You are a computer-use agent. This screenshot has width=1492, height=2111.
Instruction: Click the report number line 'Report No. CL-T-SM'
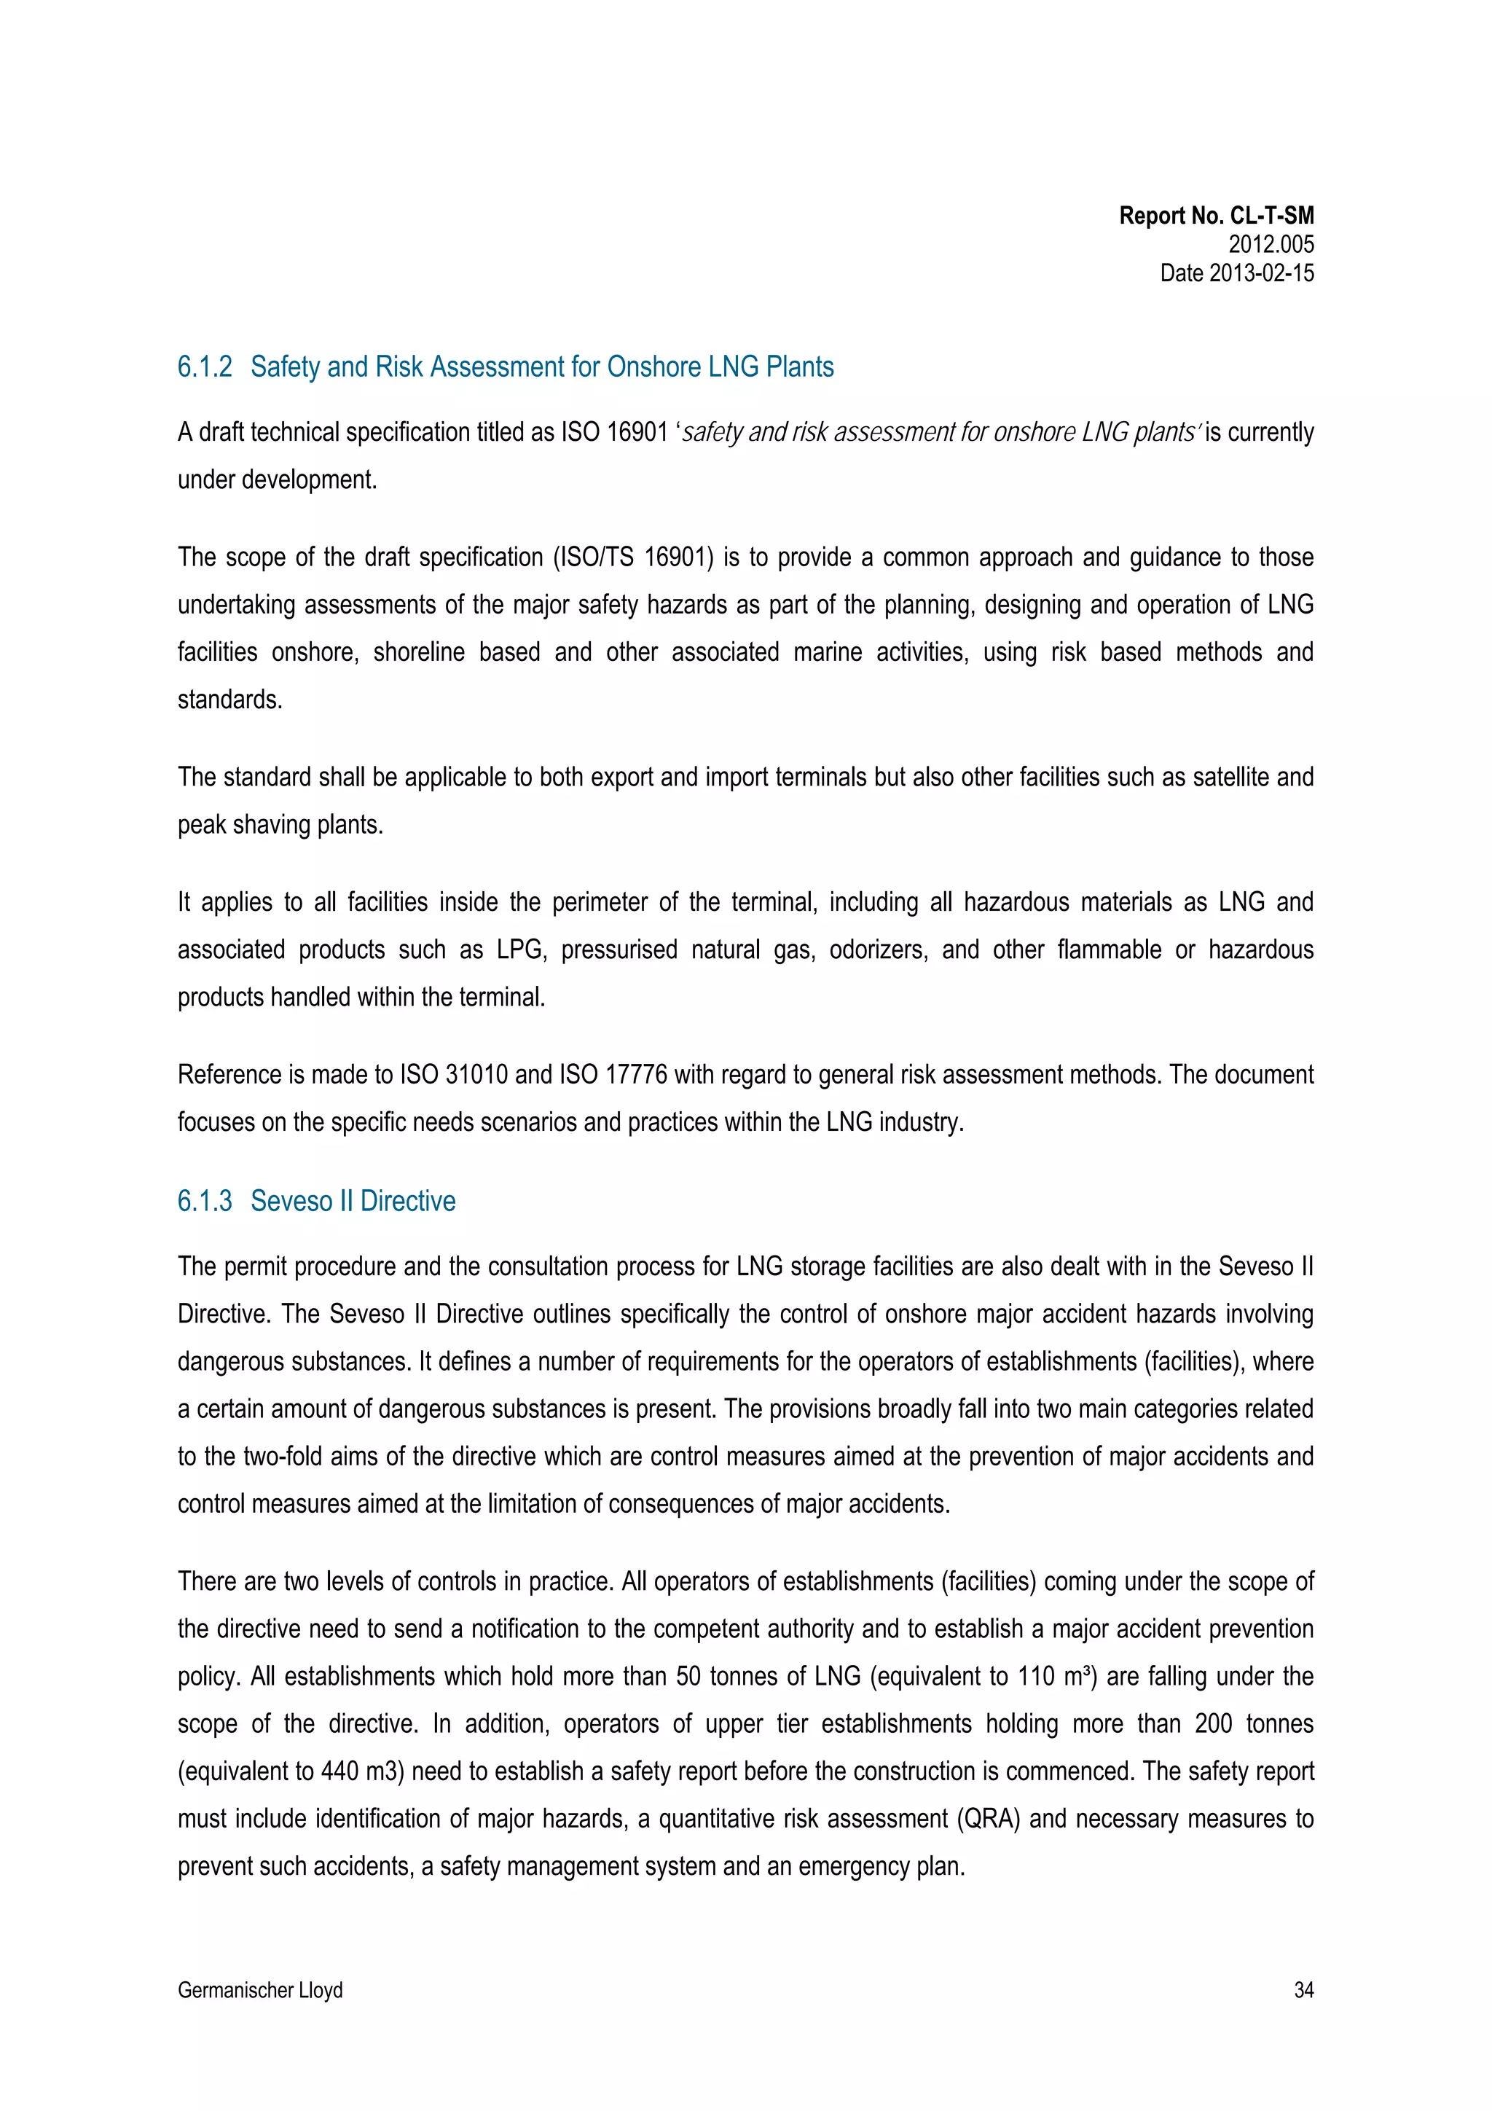tap(1215, 216)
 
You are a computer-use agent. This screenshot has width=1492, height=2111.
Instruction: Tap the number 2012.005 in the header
tap(1271, 245)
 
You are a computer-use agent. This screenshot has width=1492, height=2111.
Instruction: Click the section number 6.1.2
tap(204, 367)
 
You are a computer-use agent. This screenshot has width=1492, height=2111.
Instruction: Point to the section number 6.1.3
tap(204, 1201)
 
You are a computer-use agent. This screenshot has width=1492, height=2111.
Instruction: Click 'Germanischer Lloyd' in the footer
tap(260, 1991)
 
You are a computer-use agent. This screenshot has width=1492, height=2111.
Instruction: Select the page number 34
tap(1303, 1991)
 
